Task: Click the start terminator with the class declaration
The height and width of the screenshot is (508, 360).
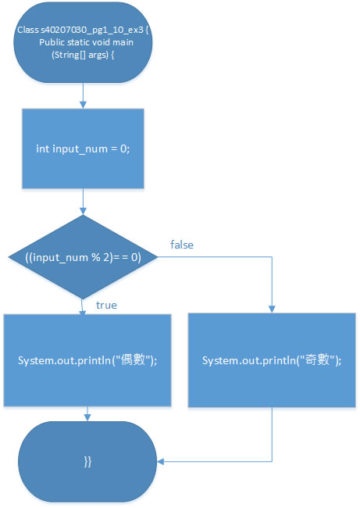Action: tap(83, 42)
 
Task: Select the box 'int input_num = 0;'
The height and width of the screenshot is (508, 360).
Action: tap(83, 148)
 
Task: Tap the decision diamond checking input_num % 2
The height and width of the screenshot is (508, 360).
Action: tap(83, 257)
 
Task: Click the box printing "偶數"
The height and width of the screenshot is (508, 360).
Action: tap(87, 360)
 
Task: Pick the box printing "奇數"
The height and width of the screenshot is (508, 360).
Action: tap(272, 360)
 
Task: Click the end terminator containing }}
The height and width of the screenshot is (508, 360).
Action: tap(87, 461)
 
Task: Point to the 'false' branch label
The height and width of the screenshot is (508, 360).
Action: tap(182, 245)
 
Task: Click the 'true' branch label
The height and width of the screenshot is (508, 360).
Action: tap(106, 305)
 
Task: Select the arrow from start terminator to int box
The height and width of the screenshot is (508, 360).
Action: tap(84, 95)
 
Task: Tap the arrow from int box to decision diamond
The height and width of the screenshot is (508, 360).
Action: tap(84, 202)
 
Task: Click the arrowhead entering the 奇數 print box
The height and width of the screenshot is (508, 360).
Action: tap(272, 309)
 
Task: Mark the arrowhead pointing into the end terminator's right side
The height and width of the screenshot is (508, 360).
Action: tap(161, 461)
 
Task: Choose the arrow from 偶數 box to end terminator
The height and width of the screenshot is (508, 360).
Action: tap(87, 413)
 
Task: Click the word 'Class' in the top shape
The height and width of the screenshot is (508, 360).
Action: tap(28, 30)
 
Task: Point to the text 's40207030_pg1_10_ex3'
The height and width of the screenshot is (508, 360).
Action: tap(92, 30)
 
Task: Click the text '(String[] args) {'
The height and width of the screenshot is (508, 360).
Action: tap(83, 55)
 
